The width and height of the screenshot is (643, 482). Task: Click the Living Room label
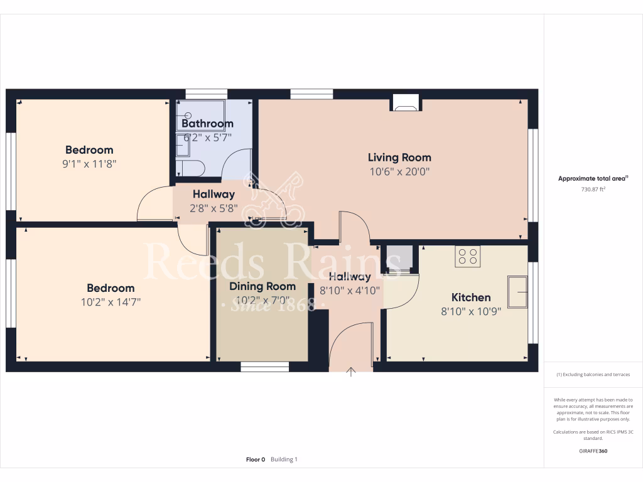[x=399, y=158]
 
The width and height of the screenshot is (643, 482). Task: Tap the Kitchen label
[x=471, y=297]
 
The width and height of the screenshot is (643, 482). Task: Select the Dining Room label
[x=262, y=287]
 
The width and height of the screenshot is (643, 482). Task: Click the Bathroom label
[x=207, y=124]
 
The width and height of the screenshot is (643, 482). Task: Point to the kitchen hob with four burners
[x=468, y=256]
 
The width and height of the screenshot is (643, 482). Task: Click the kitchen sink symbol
[x=517, y=291]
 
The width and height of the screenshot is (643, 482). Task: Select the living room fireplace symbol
[x=405, y=102]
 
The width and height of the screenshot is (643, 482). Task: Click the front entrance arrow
[x=351, y=373]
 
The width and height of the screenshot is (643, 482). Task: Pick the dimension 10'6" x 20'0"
[x=399, y=172]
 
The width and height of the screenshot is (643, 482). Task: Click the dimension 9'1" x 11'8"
[x=89, y=164]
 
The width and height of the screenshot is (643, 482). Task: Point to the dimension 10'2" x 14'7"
[x=111, y=303]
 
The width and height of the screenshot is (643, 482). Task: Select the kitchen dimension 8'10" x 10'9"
[x=471, y=311]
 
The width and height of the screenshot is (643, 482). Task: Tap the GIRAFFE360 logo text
[x=593, y=451]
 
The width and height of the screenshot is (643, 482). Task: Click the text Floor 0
[x=256, y=459]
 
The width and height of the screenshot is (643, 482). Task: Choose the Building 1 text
[x=284, y=459]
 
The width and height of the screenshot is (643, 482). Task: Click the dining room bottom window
[x=264, y=367]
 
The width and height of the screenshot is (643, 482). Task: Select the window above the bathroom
[x=202, y=94]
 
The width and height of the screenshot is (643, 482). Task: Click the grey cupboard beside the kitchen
[x=399, y=257]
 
